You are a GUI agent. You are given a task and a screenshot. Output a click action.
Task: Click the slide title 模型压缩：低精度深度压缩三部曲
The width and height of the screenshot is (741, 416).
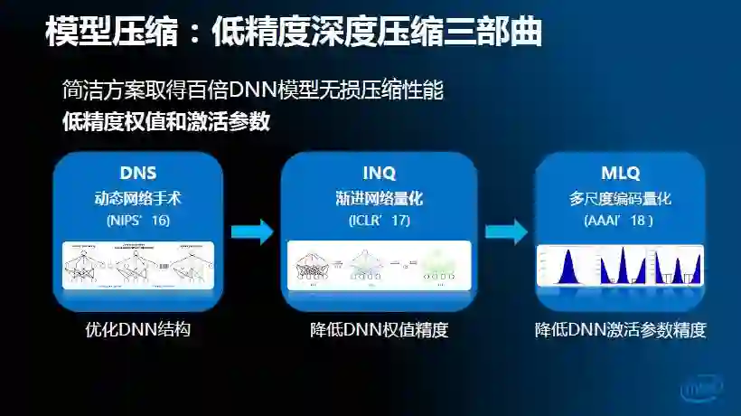click(x=293, y=33)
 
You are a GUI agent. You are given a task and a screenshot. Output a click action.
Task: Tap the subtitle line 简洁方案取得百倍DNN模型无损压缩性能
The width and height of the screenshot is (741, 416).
click(x=254, y=90)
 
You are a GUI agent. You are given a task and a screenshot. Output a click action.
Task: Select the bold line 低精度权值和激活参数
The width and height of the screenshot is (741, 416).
click(x=166, y=121)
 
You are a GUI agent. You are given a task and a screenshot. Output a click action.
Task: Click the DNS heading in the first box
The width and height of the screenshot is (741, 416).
click(x=138, y=173)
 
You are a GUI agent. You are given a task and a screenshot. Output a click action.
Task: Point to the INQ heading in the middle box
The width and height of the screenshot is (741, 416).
click(x=379, y=173)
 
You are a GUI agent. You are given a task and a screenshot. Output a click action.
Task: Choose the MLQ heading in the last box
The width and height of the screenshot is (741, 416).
click(x=620, y=173)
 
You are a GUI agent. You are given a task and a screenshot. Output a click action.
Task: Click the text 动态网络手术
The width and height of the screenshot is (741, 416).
click(x=138, y=198)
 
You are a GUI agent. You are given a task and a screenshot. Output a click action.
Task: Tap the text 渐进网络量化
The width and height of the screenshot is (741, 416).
click(x=379, y=198)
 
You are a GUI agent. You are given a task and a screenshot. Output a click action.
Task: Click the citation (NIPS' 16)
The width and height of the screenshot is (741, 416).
click(x=138, y=220)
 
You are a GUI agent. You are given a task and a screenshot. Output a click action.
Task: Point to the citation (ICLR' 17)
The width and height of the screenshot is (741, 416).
click(x=379, y=220)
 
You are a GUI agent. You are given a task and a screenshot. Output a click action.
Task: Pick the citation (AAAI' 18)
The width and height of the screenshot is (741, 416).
click(x=620, y=220)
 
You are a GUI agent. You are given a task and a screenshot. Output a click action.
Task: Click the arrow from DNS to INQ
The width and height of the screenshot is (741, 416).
click(x=251, y=232)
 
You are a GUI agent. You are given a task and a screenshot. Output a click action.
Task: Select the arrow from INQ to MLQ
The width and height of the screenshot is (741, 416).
click(x=505, y=232)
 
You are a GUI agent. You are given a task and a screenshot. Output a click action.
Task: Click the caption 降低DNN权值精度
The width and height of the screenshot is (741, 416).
click(x=379, y=330)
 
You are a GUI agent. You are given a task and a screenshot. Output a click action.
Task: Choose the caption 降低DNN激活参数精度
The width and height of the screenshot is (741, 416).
click(x=620, y=330)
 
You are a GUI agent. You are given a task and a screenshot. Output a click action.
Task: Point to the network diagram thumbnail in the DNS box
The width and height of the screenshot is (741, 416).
click(x=138, y=265)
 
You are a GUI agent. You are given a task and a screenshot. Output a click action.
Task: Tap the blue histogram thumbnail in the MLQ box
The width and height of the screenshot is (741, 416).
click(x=620, y=265)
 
